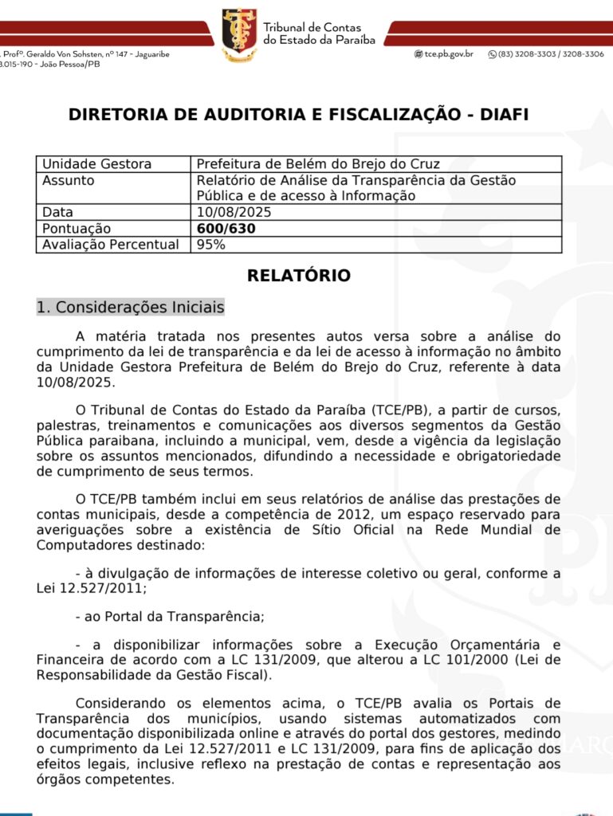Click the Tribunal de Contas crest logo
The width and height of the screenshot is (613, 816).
pyautogui.click(x=239, y=35)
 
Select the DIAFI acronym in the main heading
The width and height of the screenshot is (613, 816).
pyautogui.click(x=503, y=115)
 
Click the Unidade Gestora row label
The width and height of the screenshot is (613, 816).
pyautogui.click(x=96, y=164)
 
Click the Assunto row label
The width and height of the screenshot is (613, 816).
pyautogui.click(x=68, y=180)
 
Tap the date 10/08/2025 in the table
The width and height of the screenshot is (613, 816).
pyautogui.click(x=234, y=213)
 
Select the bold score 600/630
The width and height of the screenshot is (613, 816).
pyautogui.click(x=226, y=229)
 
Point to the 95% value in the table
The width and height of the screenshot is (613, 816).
pyautogui.click(x=211, y=245)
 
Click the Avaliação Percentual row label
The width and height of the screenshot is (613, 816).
pyautogui.click(x=110, y=245)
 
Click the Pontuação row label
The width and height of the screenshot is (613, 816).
pyautogui.click(x=77, y=229)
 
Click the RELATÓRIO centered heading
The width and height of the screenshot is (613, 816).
pyautogui.click(x=299, y=276)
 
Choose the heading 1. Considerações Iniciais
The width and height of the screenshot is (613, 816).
pyautogui.click(x=131, y=308)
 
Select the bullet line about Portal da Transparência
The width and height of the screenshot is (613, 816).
pyautogui.click(x=169, y=616)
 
